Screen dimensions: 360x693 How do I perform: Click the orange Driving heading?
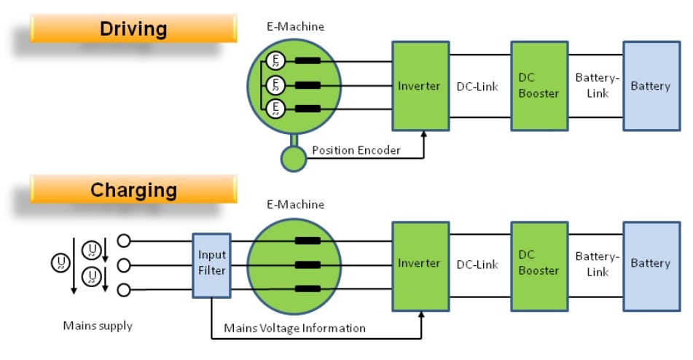tap(133, 29)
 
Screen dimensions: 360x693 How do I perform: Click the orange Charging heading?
tap(133, 190)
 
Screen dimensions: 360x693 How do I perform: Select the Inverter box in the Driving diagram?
tap(420, 86)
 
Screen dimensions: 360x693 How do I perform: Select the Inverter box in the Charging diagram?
tap(420, 263)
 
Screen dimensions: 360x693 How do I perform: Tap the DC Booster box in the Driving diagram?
tap(539, 85)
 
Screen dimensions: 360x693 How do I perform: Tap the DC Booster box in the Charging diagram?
tap(539, 263)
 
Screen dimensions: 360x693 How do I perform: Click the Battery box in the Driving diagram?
tap(650, 86)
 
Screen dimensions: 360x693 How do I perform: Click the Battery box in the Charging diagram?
tap(650, 263)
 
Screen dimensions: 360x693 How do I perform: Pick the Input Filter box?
tap(212, 263)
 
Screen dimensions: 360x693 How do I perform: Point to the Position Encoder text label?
tap(356, 150)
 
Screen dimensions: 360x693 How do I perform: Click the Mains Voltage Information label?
tap(294, 328)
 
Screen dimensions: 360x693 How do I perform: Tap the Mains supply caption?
tap(98, 326)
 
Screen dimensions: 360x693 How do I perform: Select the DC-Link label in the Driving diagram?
tap(477, 86)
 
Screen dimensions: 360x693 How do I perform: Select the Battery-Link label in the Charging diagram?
tap(597, 264)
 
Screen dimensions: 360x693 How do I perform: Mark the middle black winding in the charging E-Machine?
tap(308, 265)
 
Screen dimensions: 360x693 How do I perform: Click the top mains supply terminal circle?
tap(124, 239)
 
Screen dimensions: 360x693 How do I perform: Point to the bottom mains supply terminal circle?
tap(124, 291)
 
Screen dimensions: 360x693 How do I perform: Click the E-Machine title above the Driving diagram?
tap(295, 27)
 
